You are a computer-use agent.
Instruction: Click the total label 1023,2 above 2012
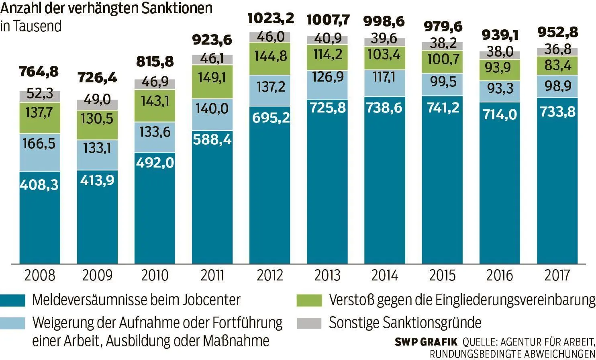(270, 18)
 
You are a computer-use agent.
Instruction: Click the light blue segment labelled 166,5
(39, 144)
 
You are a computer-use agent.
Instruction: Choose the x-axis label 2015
(442, 276)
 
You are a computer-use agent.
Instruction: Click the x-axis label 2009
(97, 276)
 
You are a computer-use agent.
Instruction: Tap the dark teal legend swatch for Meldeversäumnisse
(12, 300)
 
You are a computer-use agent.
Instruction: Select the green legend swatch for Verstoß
(309, 300)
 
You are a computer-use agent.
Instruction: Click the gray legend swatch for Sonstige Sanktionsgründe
(309, 323)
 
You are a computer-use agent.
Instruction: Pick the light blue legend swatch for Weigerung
(12, 323)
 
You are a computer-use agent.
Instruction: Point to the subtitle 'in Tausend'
(31, 26)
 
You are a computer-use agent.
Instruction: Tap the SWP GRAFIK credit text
(426, 342)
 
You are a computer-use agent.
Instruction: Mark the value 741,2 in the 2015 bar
(442, 107)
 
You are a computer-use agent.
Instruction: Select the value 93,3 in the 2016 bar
(500, 88)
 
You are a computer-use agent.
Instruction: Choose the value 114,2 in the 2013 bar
(327, 54)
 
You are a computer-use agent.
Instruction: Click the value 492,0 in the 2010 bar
(155, 163)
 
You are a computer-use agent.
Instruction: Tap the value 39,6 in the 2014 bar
(385, 39)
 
